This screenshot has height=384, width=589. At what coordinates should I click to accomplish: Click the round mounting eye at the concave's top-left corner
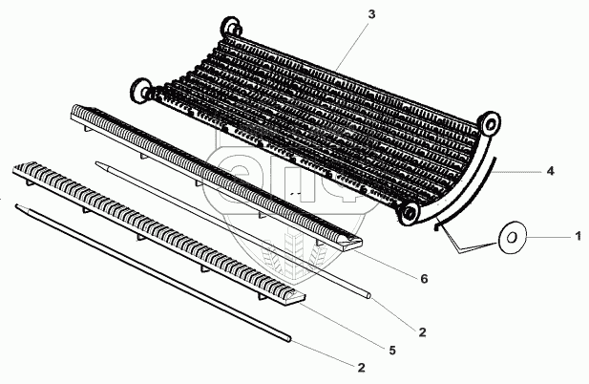point(229,26)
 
